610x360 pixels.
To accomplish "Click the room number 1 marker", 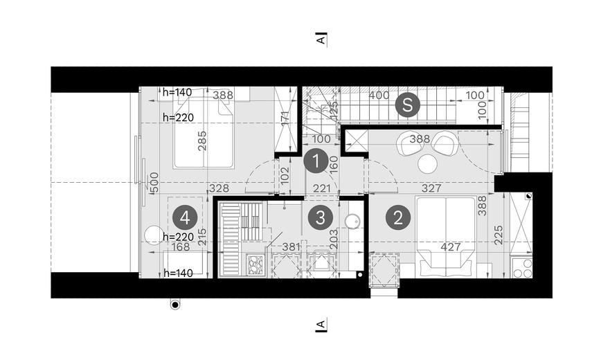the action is [316, 161].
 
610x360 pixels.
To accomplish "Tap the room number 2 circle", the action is [397, 218].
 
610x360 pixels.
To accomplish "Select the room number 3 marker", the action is [320, 218].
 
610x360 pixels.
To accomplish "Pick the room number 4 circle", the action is [185, 218].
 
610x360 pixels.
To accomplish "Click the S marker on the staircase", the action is [407, 105].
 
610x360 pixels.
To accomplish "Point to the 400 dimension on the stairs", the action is [379, 96].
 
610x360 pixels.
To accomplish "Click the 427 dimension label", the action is [451, 246].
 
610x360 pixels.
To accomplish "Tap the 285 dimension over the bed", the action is [202, 141].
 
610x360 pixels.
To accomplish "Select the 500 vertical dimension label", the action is [154, 183].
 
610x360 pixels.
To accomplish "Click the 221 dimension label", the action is [322, 188].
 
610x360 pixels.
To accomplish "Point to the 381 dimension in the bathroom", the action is [291, 246].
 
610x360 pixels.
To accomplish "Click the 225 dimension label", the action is [499, 235].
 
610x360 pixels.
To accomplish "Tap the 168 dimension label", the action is [181, 246].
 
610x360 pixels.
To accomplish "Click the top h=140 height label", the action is [177, 92].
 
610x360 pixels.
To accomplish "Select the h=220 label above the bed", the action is [178, 117].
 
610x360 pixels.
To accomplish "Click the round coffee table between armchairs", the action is [427, 164].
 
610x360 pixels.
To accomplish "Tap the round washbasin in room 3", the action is [352, 221].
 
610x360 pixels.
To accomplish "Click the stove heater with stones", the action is [255, 265].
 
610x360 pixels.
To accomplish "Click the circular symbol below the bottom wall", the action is [175, 305].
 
